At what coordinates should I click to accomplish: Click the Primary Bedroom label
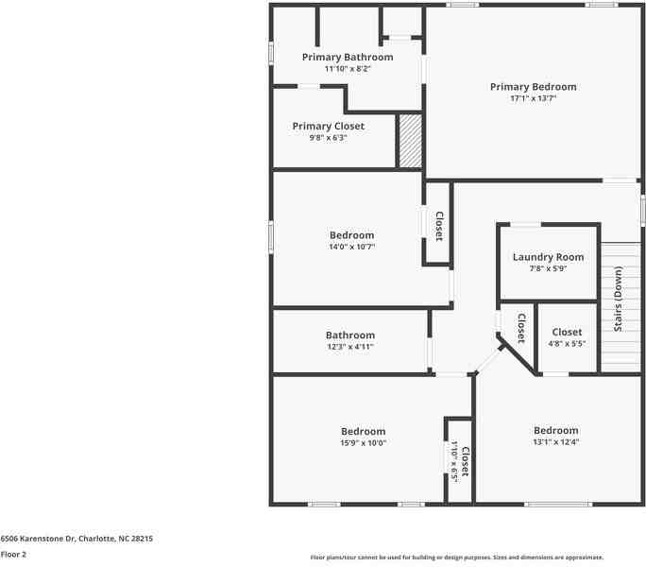pos(533,87)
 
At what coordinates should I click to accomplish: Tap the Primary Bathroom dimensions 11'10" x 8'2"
pos(347,69)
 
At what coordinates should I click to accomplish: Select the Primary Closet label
pos(328,126)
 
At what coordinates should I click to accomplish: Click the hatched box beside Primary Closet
pos(409,142)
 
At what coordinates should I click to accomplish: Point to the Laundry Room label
pos(548,257)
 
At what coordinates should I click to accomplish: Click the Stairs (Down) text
pos(619,299)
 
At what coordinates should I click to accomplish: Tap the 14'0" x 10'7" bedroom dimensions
pos(351,248)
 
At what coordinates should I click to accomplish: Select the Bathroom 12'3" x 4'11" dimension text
pos(349,347)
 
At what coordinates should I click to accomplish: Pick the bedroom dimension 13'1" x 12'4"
pos(555,442)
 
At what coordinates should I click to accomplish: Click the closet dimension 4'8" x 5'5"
pos(567,344)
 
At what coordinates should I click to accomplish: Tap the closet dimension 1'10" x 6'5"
pos(454,463)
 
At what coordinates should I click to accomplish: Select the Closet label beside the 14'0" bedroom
pos(438,225)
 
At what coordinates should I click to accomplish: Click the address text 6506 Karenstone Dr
pos(76,538)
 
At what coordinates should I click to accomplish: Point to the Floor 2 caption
pos(13,554)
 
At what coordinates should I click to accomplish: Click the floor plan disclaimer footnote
pos(457,558)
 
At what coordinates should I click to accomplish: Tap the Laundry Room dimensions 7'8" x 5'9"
pos(548,269)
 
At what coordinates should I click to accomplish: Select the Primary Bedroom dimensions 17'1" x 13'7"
pos(533,98)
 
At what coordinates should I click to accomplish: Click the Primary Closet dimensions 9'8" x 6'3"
pos(328,138)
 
